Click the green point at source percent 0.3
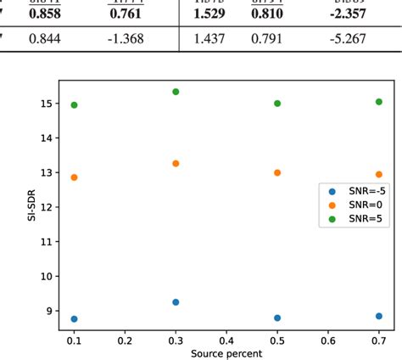[176, 92]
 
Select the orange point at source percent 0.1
[75, 177]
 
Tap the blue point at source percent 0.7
[378, 316]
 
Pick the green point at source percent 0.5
[277, 104]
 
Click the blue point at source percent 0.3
[176, 302]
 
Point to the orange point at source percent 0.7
[378, 174]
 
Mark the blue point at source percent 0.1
[75, 319]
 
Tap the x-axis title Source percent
[226, 352]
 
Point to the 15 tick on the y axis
[47, 104]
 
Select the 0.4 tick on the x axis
[226, 339]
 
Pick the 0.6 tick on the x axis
[327, 339]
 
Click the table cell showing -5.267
[348, 62]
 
